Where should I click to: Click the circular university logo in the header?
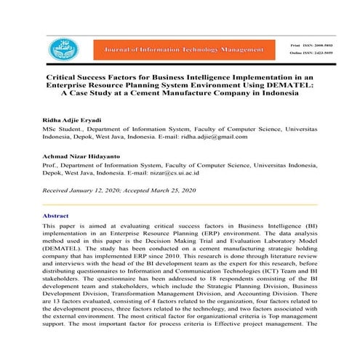tap(62, 49)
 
